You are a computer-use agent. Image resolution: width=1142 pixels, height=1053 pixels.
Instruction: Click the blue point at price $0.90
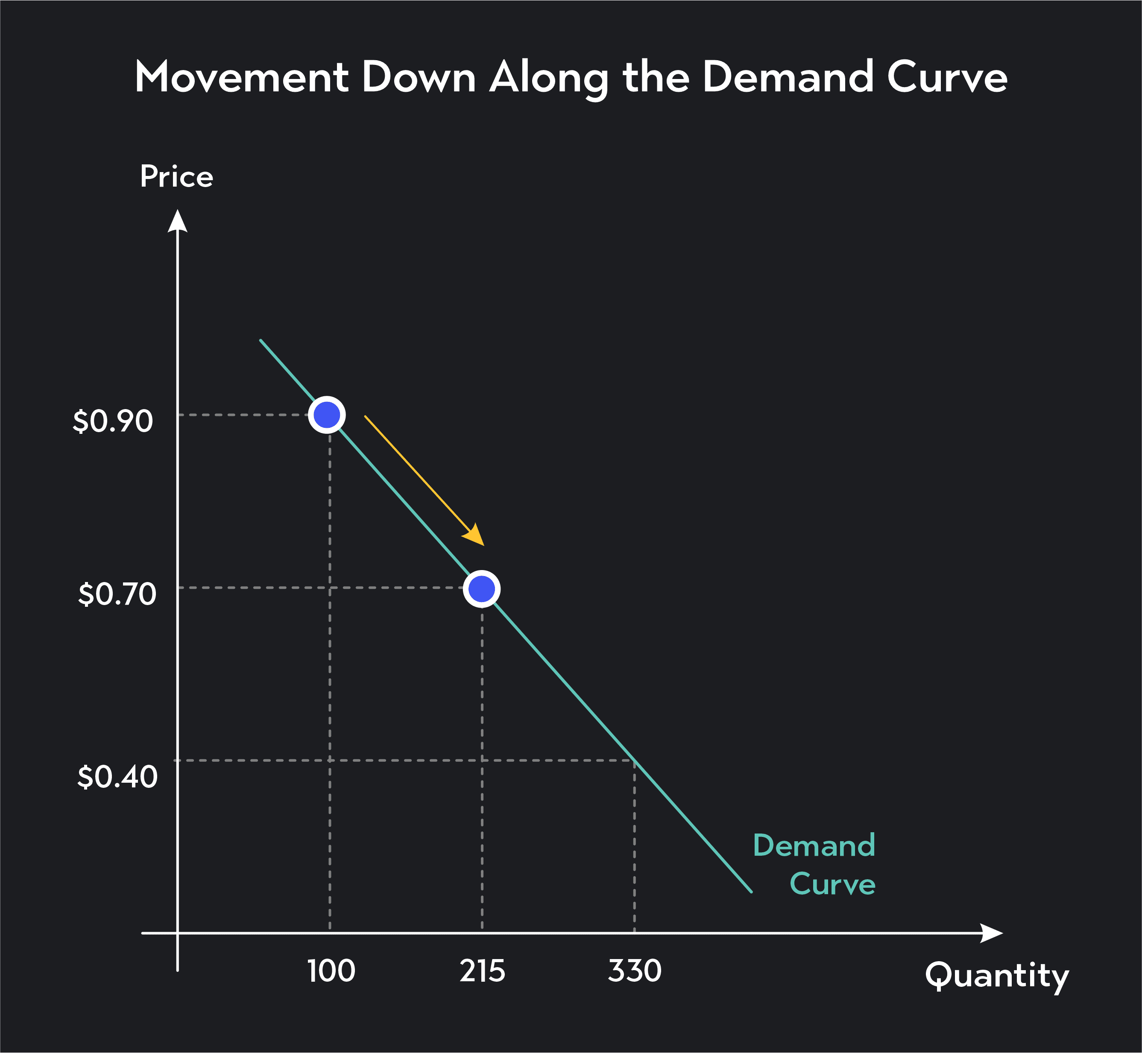pos(327,415)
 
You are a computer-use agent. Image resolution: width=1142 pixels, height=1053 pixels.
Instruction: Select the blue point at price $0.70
pos(482,588)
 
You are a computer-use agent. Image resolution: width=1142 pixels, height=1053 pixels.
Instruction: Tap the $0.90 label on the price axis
pos(113,421)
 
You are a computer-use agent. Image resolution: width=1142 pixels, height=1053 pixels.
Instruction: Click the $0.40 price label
pos(117,777)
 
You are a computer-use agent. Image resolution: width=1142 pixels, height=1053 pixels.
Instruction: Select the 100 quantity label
pos(331,971)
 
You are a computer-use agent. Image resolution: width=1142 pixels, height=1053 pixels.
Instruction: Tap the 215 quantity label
pos(482,971)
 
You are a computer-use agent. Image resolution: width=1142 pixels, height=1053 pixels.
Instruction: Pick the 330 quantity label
pos(634,971)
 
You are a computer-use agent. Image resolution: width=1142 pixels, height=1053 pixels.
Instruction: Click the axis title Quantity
pos(997,976)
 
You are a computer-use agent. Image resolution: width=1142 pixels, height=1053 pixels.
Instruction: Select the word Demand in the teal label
pos(814,845)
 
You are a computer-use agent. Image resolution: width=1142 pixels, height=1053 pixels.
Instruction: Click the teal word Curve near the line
pos(832,884)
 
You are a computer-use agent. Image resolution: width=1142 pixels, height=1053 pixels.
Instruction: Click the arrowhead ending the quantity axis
pos(992,933)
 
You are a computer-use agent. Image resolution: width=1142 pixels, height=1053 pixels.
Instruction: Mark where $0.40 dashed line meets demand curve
pos(634,760)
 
